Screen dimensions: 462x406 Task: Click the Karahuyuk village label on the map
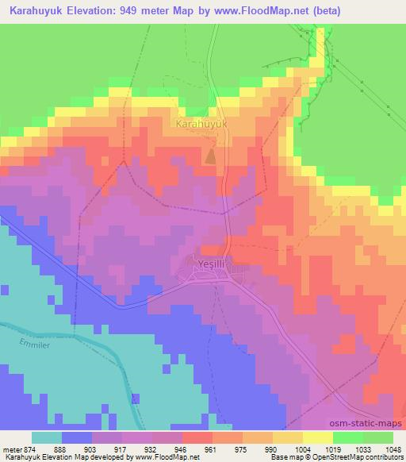coord(201,125)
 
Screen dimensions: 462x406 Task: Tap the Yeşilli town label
coord(211,262)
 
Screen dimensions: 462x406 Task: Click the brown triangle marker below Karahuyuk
coord(210,156)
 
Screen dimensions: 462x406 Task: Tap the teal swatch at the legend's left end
coord(47,437)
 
